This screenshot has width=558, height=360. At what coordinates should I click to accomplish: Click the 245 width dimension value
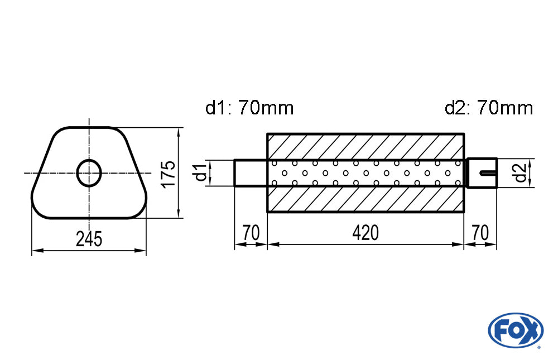tap(89, 239)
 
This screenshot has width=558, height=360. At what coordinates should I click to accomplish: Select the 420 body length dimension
tap(365, 232)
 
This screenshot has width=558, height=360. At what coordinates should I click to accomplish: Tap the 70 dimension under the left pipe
tap(251, 232)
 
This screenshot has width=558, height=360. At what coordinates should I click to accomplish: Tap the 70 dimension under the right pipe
tap(480, 232)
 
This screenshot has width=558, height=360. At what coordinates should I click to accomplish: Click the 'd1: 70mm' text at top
tap(249, 108)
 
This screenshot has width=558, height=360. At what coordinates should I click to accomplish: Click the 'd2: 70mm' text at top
tap(489, 108)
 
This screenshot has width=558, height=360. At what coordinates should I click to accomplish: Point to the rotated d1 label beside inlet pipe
tap(200, 173)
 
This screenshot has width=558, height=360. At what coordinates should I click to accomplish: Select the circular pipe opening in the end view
tap(89, 173)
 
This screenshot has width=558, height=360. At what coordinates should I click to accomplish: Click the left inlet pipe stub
tap(251, 173)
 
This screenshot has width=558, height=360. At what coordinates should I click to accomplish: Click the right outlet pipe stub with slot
tap(480, 173)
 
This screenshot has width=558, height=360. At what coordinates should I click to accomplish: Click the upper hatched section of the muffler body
tap(365, 147)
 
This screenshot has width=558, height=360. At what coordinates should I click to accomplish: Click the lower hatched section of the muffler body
tap(365, 200)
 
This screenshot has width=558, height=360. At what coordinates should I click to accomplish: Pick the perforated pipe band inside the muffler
tap(365, 173)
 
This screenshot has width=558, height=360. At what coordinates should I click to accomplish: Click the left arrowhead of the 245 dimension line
tap(35, 251)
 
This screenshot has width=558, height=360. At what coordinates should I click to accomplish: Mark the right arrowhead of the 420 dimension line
tap(460, 244)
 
